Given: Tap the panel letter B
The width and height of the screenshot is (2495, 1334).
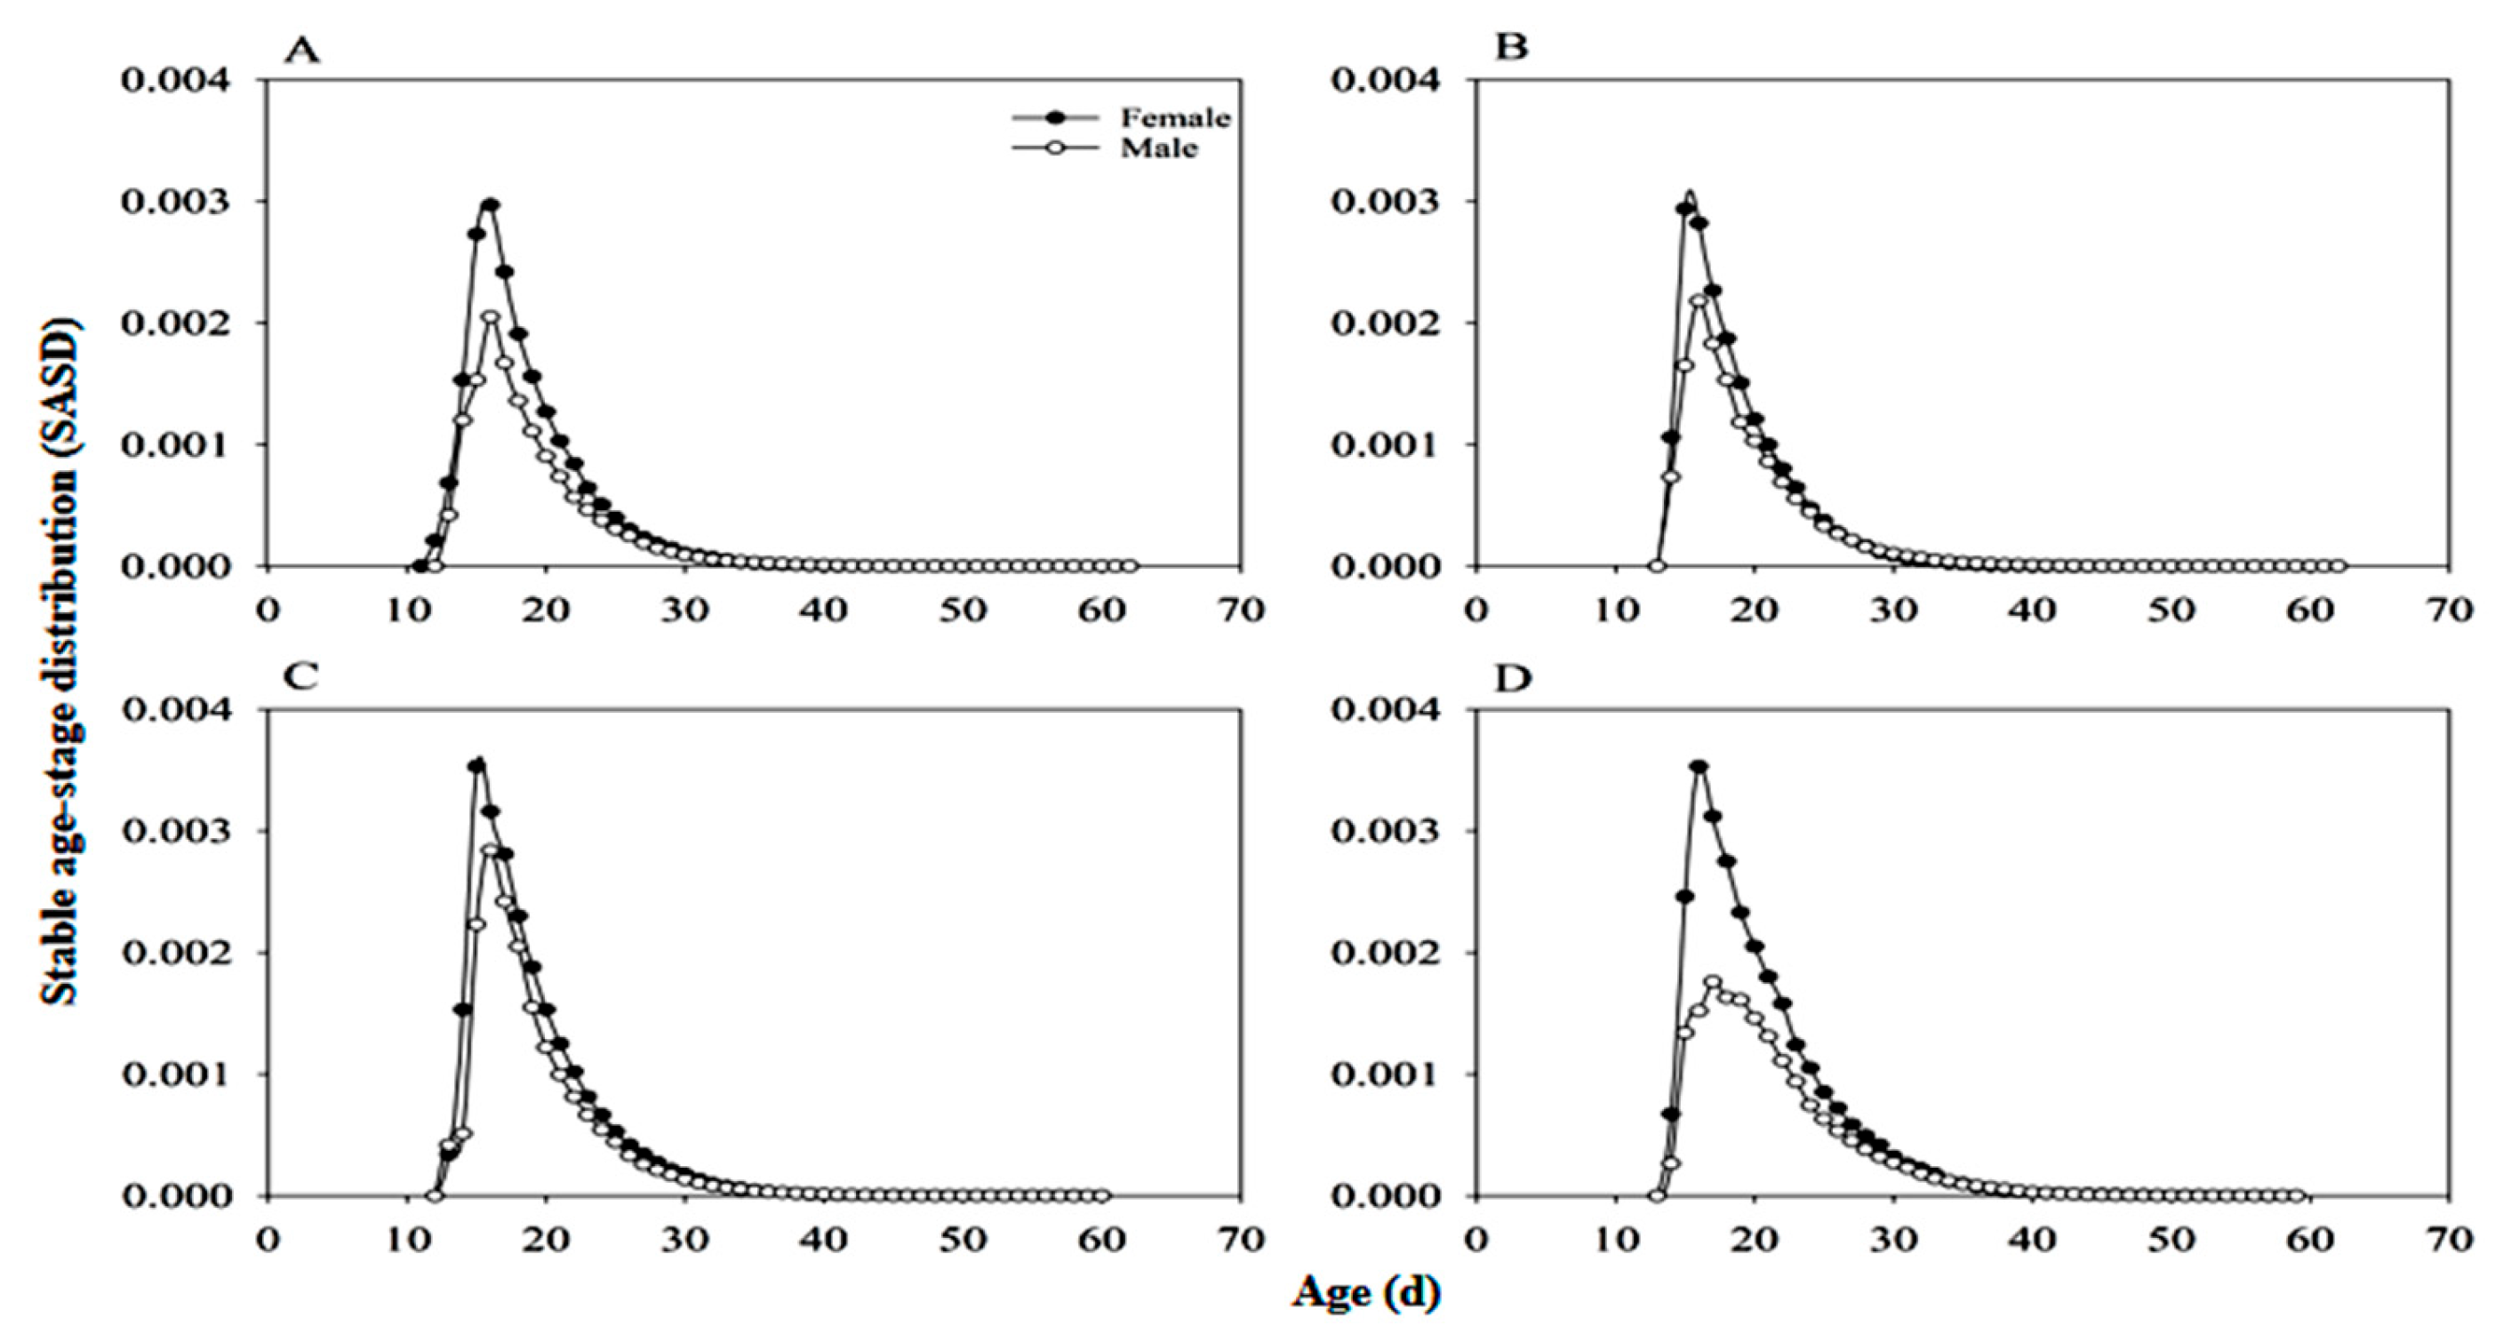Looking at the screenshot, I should coord(1511,46).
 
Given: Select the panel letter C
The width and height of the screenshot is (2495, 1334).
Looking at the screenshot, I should coord(301,676).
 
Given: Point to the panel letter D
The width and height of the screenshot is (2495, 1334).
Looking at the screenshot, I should coord(1513,679).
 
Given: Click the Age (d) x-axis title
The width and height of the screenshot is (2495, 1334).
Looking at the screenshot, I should coord(1365,1292).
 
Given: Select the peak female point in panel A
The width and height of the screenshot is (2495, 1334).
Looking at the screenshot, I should coord(490,204).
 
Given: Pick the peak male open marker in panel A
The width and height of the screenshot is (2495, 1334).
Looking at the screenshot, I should coord(490,316).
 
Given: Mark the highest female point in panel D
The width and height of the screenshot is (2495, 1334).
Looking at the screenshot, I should coord(1699,766).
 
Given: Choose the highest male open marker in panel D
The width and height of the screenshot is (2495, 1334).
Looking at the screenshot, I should coord(1713,981).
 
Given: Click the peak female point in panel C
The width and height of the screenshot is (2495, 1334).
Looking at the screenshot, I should coord(476,765).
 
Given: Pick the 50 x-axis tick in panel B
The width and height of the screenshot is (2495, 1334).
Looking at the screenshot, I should coord(2171,611).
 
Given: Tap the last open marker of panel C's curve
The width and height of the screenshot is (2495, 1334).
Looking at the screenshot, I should coord(1101,1195).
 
